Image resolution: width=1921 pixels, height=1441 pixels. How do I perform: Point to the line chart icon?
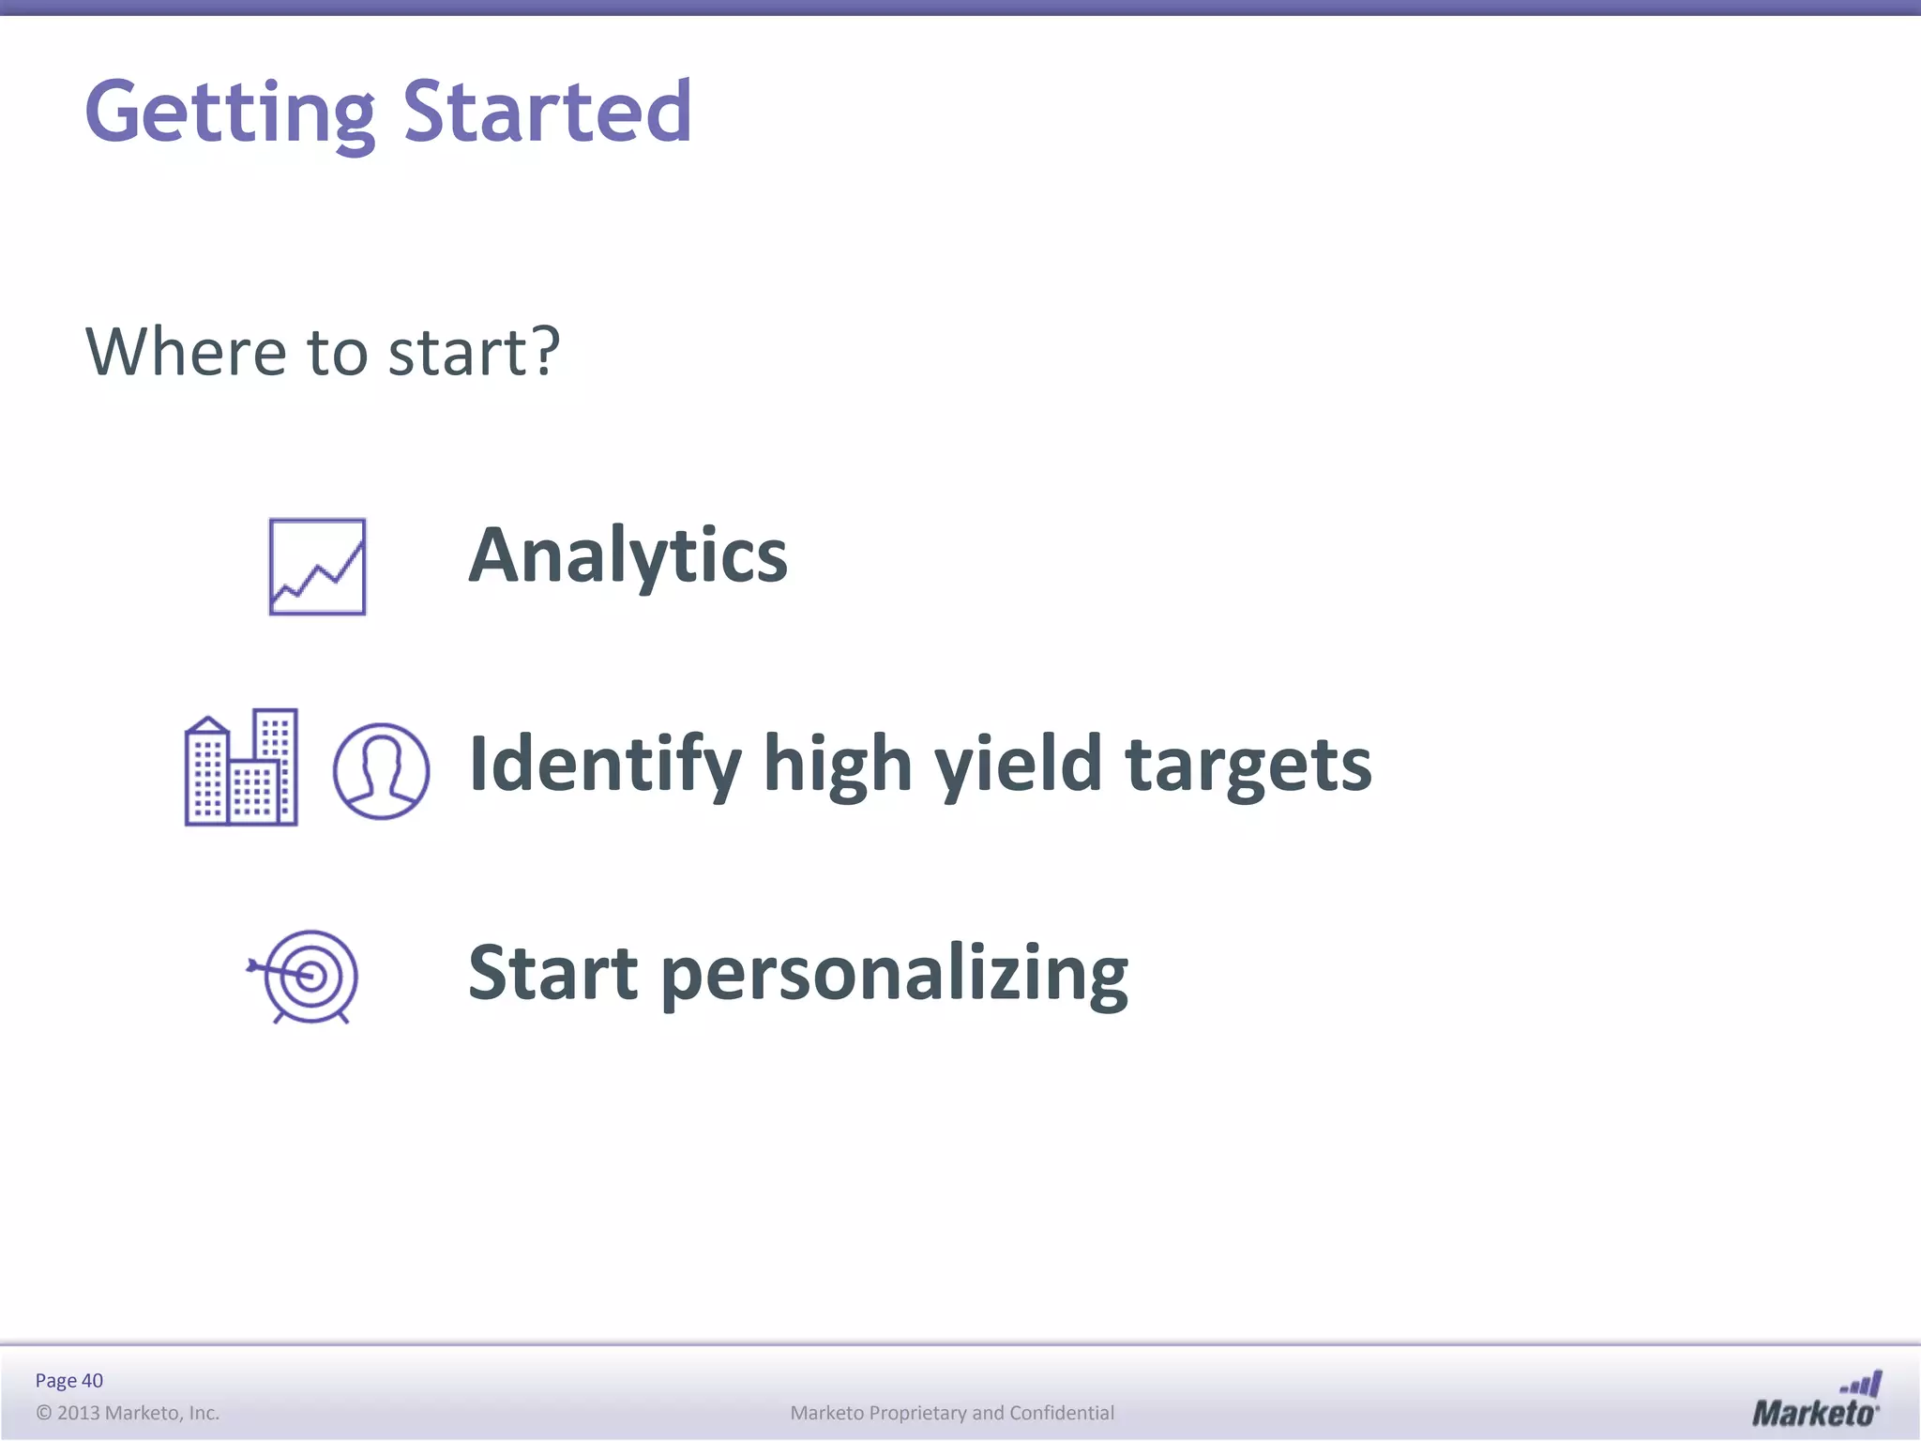(x=317, y=567)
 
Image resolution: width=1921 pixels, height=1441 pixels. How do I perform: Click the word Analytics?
(x=628, y=555)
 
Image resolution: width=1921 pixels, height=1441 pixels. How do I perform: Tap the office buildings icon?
(x=241, y=767)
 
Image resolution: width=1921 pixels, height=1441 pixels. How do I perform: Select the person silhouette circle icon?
(x=381, y=771)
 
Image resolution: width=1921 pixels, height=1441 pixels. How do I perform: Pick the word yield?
(x=1019, y=765)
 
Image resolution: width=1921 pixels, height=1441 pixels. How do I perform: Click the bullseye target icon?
(x=306, y=977)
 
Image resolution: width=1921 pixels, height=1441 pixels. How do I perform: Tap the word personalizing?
(x=895, y=976)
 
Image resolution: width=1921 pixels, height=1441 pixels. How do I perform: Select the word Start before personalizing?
(x=553, y=973)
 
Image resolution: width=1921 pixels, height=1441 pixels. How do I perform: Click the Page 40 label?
(x=68, y=1380)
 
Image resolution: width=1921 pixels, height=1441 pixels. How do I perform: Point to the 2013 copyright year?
(x=79, y=1413)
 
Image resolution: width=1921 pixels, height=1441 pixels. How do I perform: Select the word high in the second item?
(x=838, y=765)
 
